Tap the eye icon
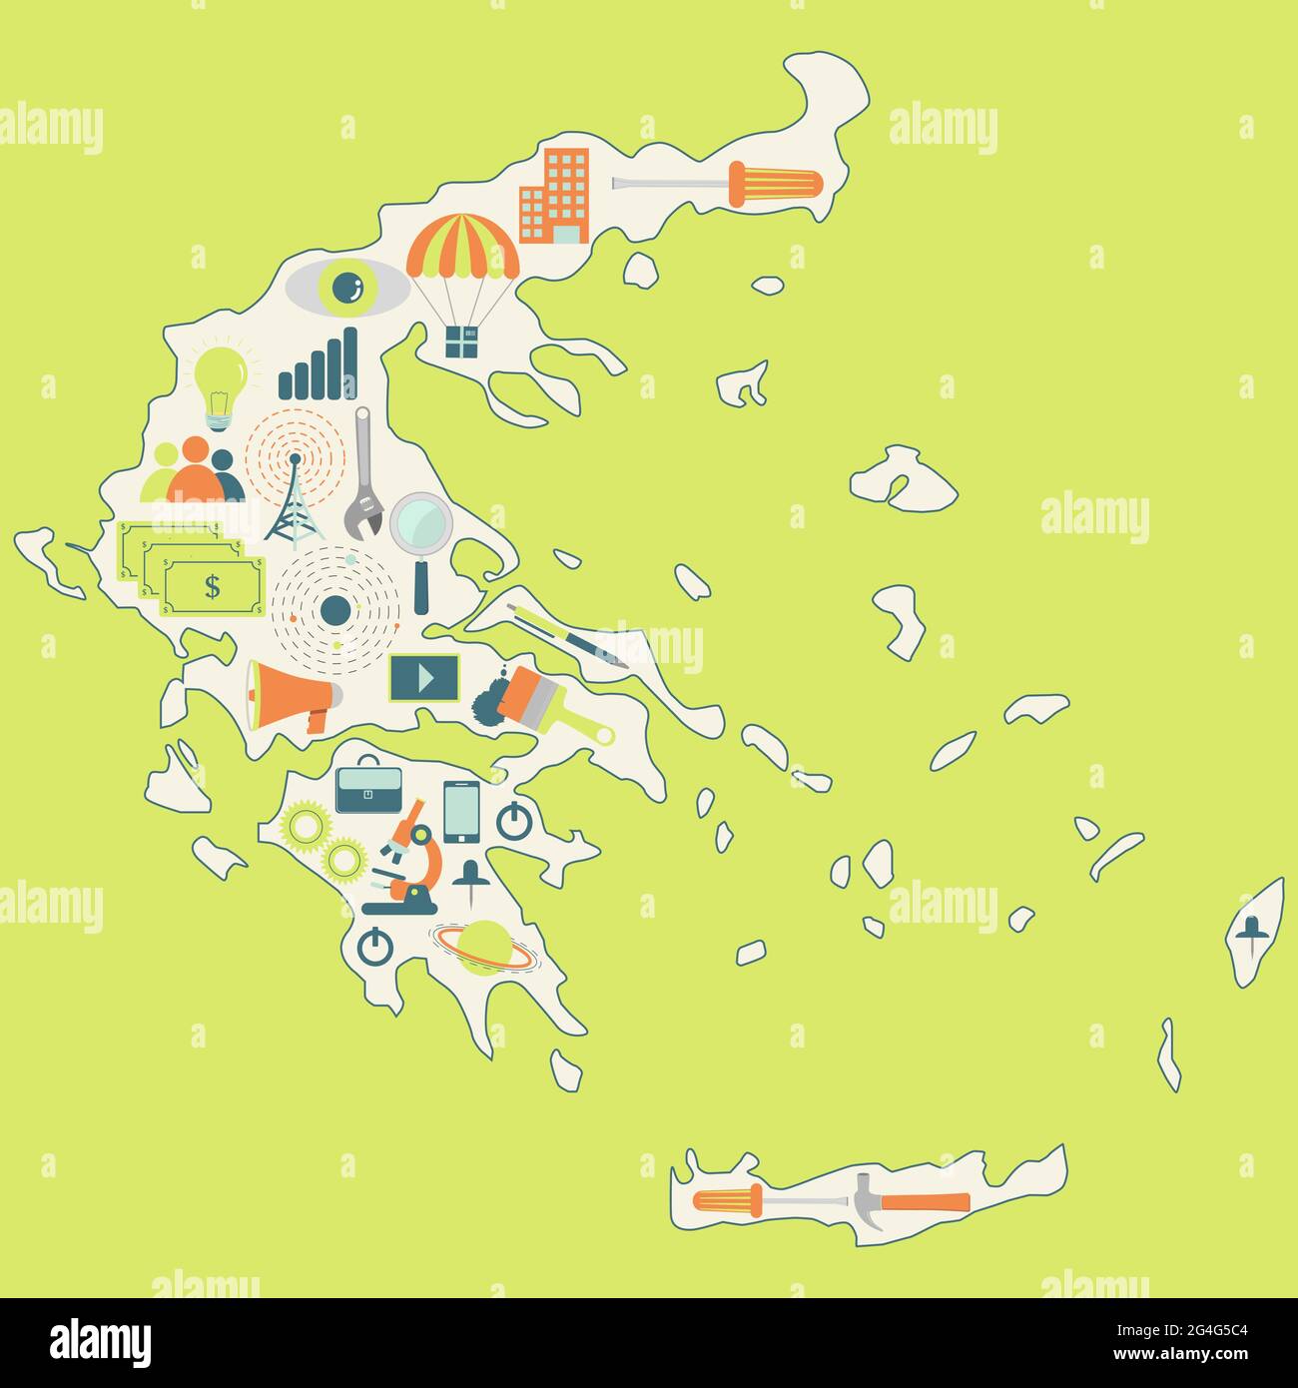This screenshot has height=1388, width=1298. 347,288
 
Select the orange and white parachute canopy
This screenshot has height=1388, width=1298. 463,248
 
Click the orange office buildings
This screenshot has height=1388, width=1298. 554,196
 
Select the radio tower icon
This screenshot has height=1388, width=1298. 295,501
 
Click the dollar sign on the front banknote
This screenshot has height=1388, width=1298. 213,587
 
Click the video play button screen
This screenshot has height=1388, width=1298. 424,678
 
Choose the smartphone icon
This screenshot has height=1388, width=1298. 461,811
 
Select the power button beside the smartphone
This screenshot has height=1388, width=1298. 513,820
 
